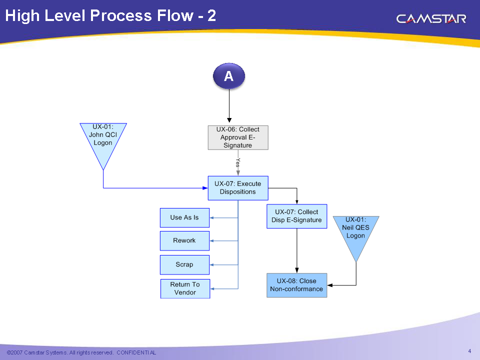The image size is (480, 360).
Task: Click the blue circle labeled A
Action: [229, 76]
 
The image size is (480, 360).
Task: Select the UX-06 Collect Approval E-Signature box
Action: [238, 137]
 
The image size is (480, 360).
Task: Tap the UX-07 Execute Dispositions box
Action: [238, 188]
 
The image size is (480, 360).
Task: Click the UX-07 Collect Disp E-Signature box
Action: [296, 216]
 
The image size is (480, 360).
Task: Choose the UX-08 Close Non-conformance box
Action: [296, 285]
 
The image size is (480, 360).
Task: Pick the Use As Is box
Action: [184, 217]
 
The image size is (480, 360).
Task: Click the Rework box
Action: [184, 240]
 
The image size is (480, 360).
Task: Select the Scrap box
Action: [184, 264]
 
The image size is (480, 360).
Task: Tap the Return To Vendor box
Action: [185, 288]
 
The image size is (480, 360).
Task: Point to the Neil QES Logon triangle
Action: [355, 232]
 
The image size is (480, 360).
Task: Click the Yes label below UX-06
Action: [238, 162]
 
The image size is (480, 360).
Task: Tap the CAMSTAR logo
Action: [431, 19]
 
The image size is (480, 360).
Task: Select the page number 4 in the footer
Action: [469, 350]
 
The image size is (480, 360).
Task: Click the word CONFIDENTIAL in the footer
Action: [136, 353]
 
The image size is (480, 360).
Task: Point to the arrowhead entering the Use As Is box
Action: [212, 217]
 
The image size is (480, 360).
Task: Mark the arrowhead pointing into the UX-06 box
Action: [229, 120]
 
